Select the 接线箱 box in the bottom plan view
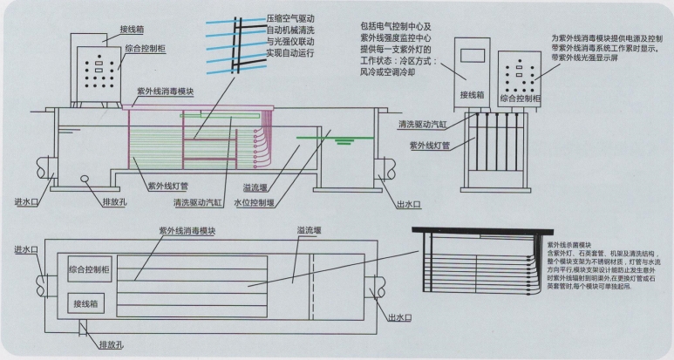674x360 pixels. (91, 305)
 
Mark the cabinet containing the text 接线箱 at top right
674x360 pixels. (472, 69)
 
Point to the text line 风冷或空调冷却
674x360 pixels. (392, 74)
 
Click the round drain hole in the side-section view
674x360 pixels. (87, 181)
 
